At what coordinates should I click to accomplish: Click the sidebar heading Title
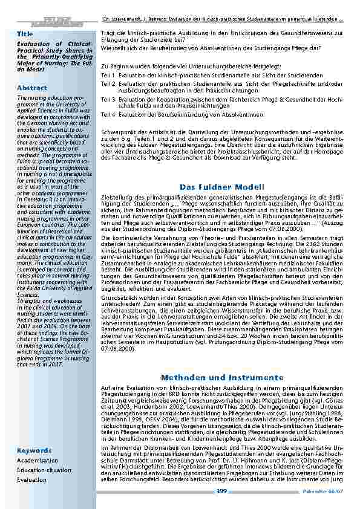[x=25, y=34]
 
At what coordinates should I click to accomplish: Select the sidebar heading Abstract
[x=32, y=88]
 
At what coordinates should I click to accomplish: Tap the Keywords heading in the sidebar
[x=34, y=450]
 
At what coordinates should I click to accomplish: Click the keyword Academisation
[x=38, y=460]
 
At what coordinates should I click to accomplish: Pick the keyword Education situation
[x=44, y=470]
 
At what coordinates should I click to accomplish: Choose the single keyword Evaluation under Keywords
[x=31, y=479]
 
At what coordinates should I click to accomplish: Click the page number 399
[x=221, y=491]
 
